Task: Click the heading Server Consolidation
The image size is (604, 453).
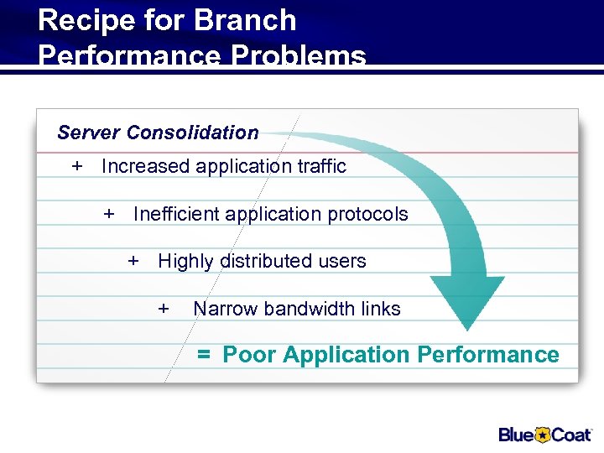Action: pyautogui.click(x=158, y=133)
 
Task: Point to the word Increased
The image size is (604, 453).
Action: pyautogui.click(x=145, y=166)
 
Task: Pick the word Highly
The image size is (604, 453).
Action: pyautogui.click(x=185, y=262)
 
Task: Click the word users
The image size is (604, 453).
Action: pyautogui.click(x=342, y=261)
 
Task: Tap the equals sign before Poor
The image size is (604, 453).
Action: pyautogui.click(x=204, y=356)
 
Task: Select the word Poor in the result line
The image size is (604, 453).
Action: pyautogui.click(x=250, y=355)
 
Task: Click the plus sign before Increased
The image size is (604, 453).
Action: pyautogui.click(x=77, y=166)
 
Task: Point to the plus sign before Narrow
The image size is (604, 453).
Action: pyautogui.click(x=164, y=309)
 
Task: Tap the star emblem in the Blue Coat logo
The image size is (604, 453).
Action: pyautogui.click(x=543, y=434)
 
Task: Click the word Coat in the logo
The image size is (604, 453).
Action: pyautogui.click(x=572, y=434)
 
